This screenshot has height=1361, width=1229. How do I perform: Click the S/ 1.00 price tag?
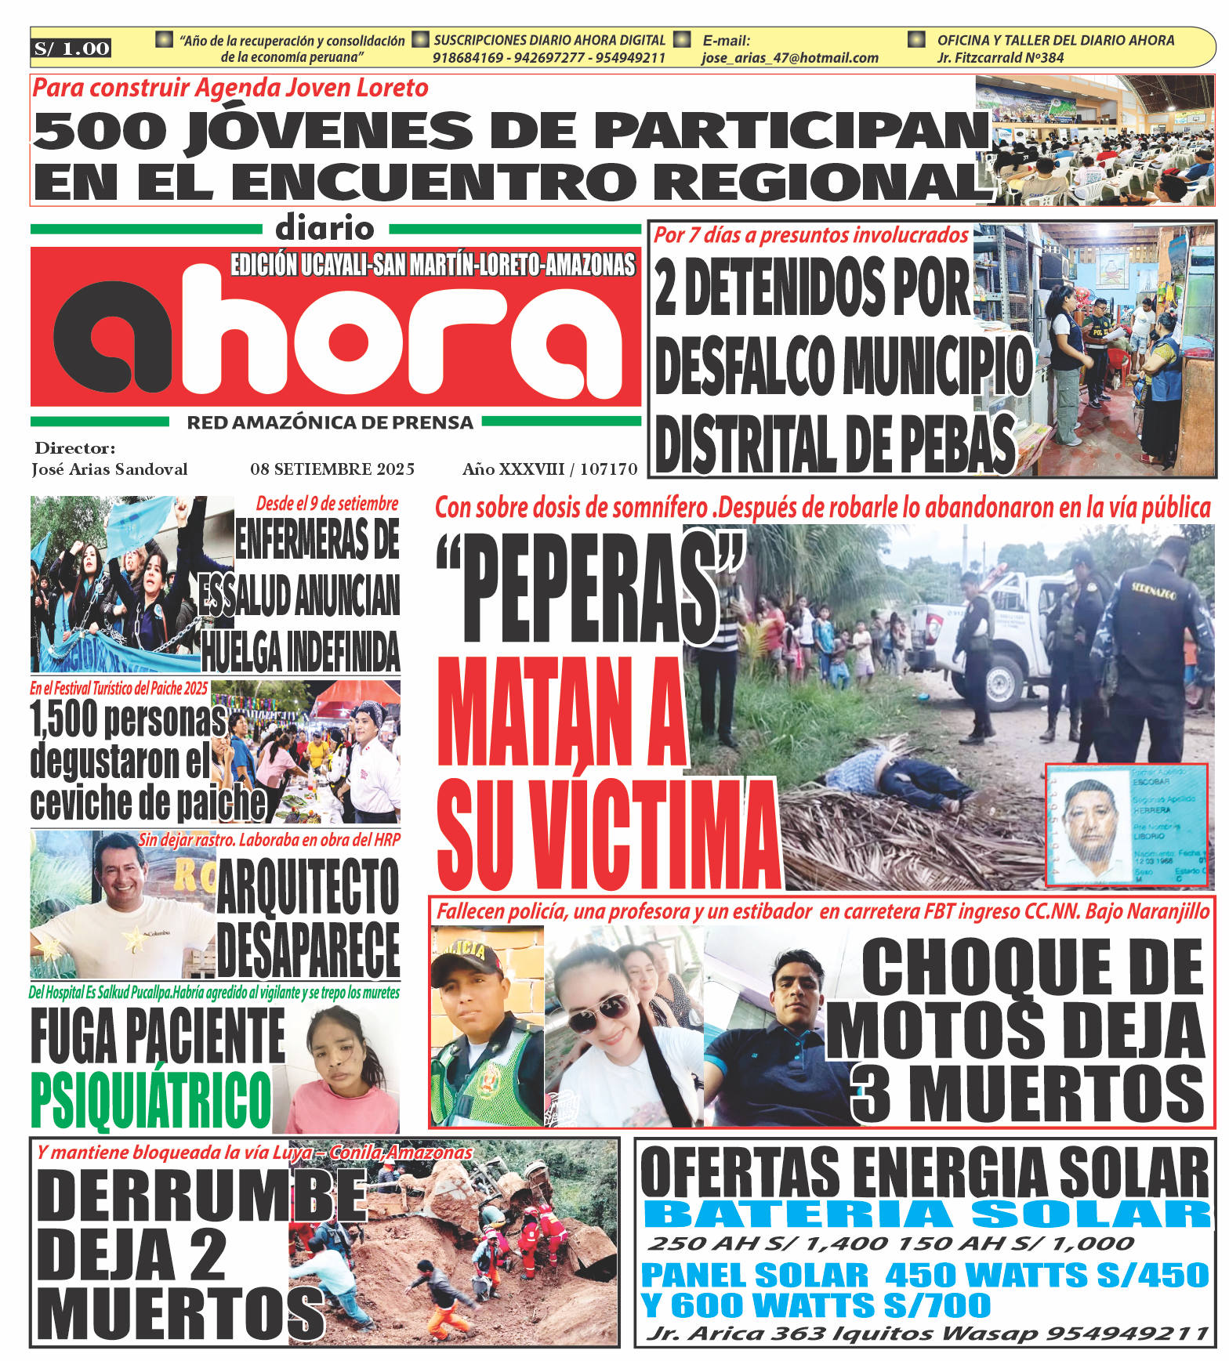point(71,49)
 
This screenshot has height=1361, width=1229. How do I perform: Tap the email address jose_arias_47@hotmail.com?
point(789,58)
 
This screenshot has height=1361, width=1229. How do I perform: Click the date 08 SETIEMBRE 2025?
point(332,469)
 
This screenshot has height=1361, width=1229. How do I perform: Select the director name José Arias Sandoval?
point(110,469)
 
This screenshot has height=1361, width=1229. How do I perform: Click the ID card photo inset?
point(1126,825)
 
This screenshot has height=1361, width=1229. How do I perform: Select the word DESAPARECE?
point(308,949)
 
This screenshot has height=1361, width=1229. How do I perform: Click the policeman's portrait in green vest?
point(486,1026)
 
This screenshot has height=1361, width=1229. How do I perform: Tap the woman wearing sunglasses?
point(604,1034)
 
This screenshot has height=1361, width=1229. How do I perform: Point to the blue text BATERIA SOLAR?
point(926,1215)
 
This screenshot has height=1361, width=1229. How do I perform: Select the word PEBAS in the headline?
point(955,444)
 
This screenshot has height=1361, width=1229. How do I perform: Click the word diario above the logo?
point(324,229)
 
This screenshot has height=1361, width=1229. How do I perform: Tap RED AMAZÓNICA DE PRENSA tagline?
point(330,423)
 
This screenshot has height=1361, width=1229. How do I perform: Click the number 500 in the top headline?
point(100,131)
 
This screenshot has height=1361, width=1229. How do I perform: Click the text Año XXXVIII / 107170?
point(549,469)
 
